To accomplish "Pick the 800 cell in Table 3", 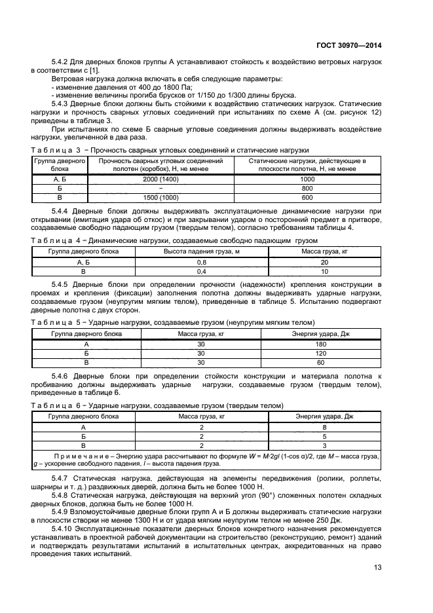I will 307,187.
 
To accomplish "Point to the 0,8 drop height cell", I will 201,261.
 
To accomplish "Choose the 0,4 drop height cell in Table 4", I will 201,270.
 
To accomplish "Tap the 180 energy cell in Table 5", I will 321,344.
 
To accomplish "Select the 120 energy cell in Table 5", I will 321,353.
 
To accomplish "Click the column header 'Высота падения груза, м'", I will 201,251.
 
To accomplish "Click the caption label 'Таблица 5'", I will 55,323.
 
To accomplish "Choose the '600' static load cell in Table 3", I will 307,196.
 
